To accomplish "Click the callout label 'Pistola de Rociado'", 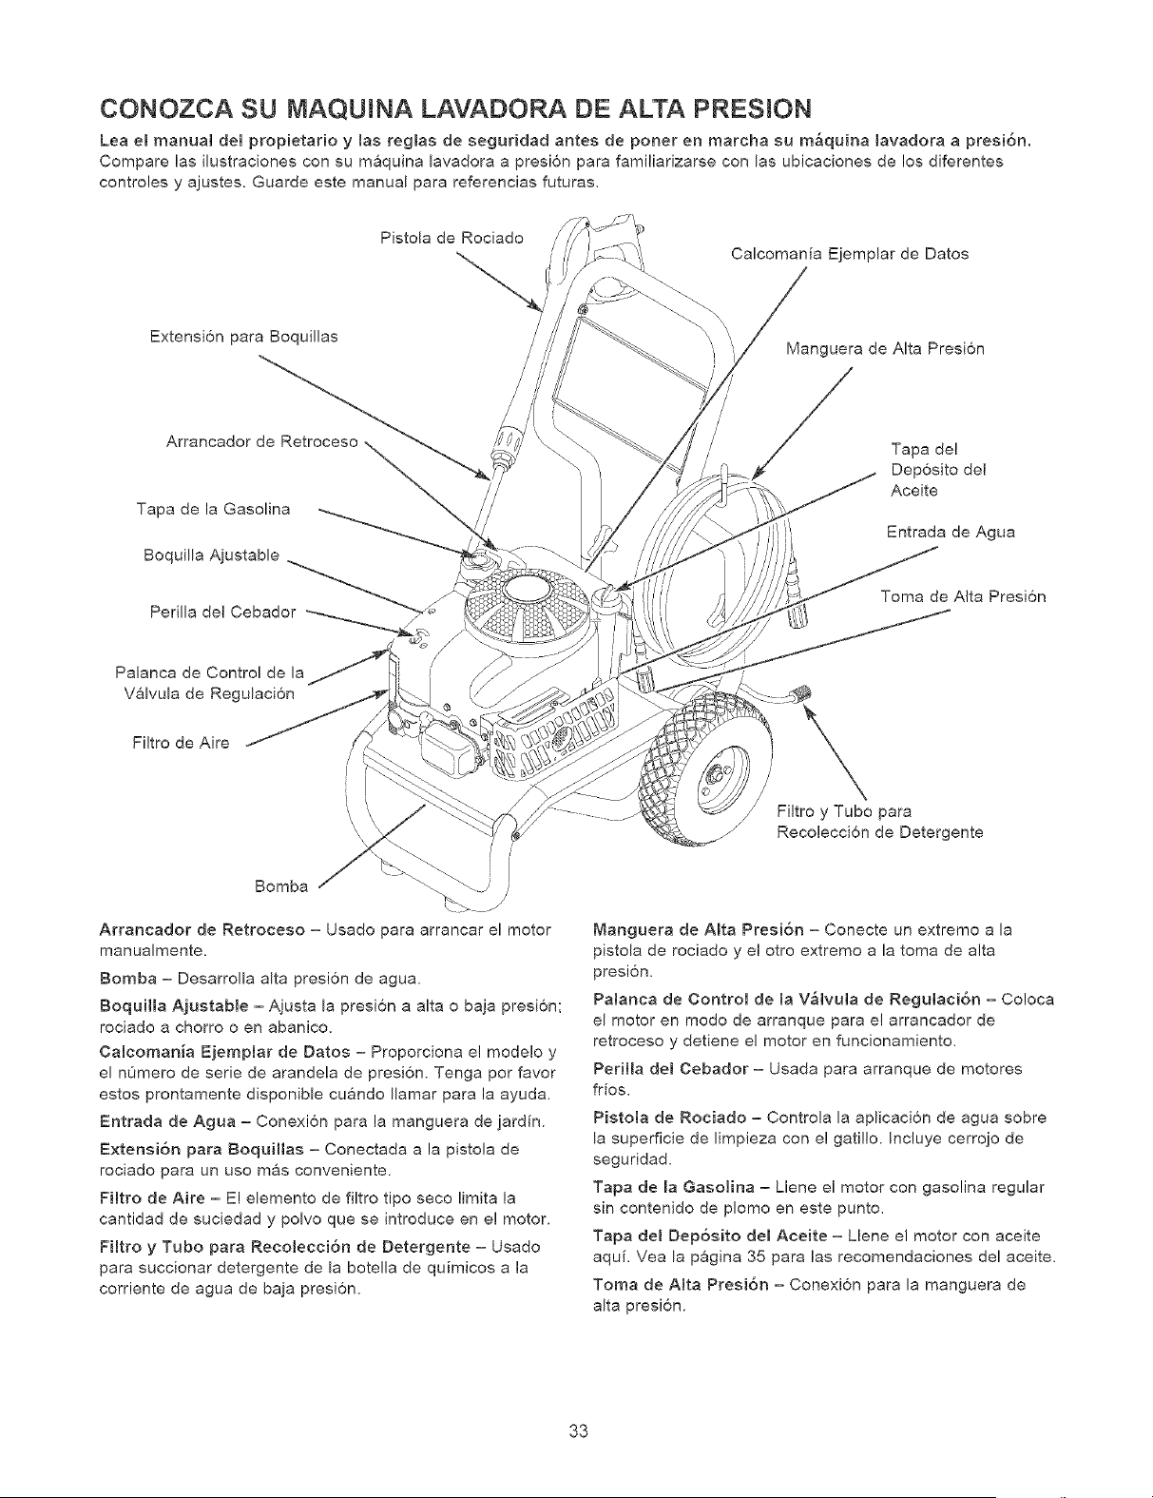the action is click(x=452, y=238).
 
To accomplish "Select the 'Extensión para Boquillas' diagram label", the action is click(x=244, y=337).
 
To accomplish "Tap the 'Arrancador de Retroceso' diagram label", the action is click(x=261, y=441).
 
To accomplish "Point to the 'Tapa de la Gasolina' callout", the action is click(x=214, y=510).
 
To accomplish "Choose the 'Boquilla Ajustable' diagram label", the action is click(x=211, y=555).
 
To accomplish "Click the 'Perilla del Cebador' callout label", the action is click(x=222, y=613).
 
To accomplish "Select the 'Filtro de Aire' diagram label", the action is click(x=181, y=743).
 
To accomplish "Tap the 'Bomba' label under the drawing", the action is click(x=281, y=886).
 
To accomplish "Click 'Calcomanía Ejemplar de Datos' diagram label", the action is click(x=849, y=254).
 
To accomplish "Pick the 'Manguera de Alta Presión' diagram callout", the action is click(x=885, y=349).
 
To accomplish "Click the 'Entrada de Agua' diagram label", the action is click(x=951, y=533).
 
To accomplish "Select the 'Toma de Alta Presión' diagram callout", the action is click(x=963, y=597).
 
